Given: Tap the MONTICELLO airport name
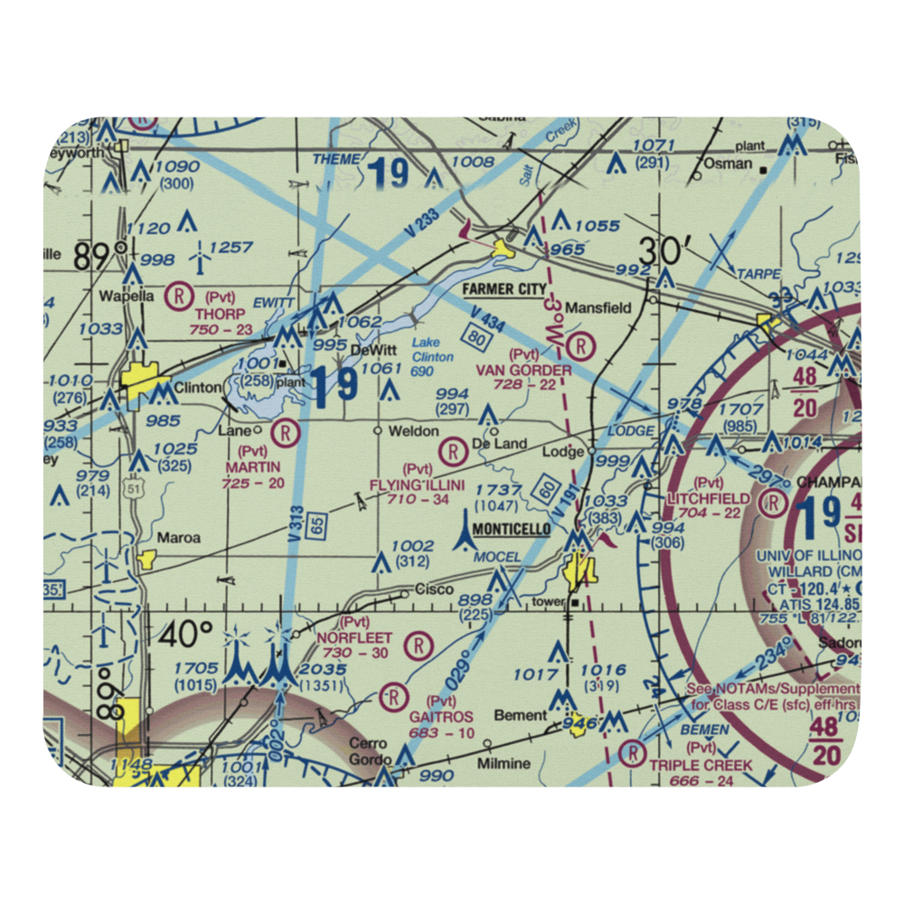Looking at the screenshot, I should tap(510, 529).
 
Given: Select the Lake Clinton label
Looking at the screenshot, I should tap(432, 350).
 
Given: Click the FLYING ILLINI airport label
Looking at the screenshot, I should tap(417, 485).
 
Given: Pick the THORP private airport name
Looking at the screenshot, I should tap(214, 313).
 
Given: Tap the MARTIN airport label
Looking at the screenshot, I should tap(254, 466).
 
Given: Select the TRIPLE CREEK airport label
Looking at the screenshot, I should tap(701, 765).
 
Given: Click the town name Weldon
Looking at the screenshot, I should tap(413, 431).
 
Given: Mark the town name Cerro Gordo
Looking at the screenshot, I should tap(370, 750).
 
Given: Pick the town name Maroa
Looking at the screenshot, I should tap(178, 537).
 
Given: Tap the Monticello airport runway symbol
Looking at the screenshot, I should tap(465, 533).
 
